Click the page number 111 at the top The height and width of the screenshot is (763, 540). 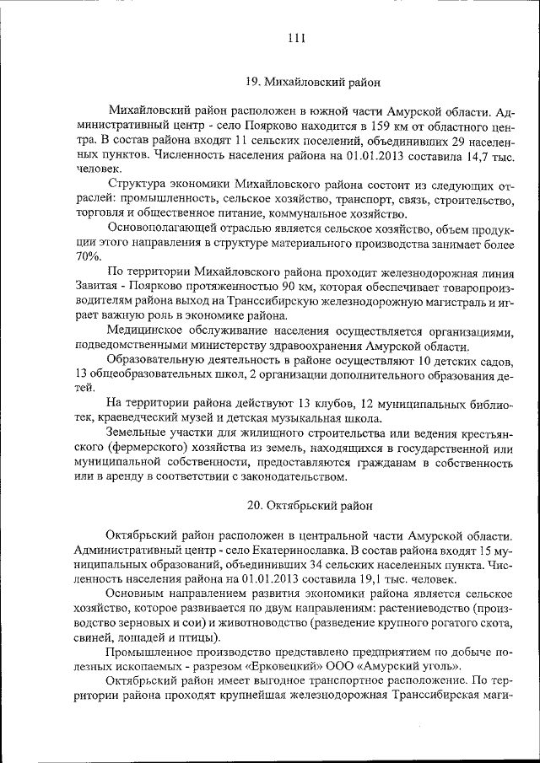(x=295, y=37)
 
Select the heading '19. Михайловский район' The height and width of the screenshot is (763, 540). (x=312, y=83)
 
